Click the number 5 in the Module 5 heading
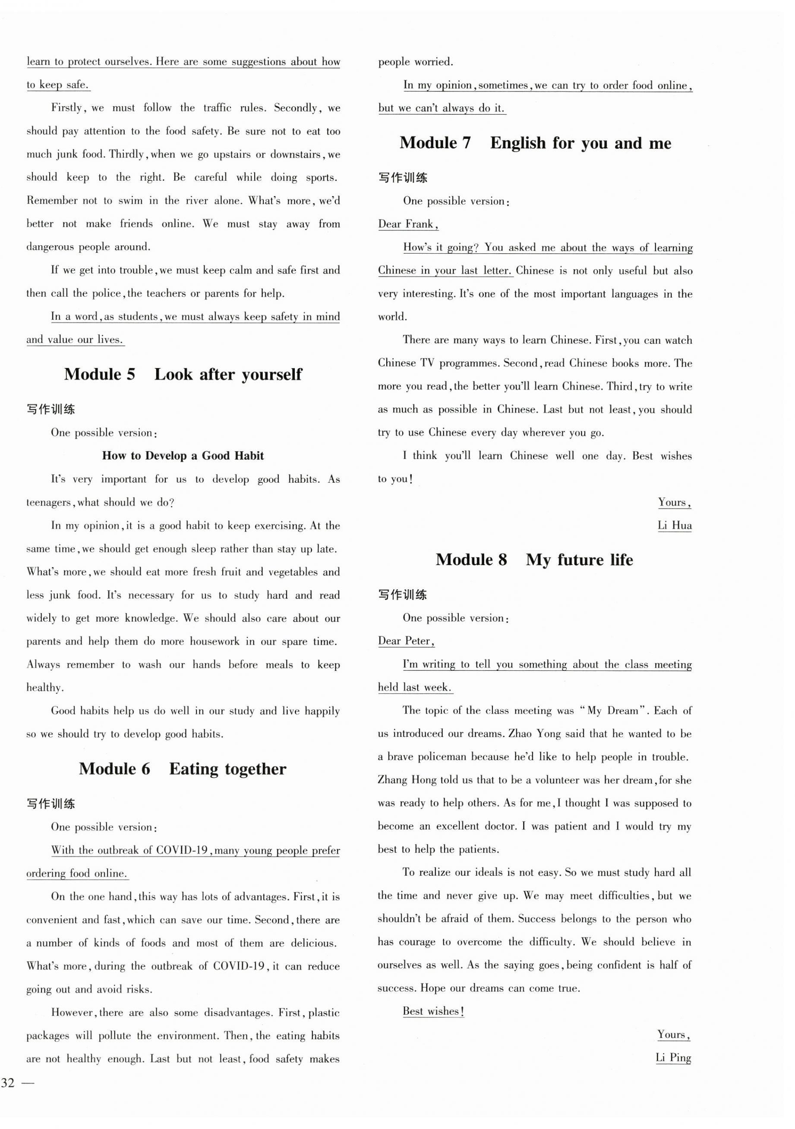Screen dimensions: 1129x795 coord(130,375)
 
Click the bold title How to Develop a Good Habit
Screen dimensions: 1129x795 coord(183,456)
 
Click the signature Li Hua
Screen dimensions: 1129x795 coord(675,525)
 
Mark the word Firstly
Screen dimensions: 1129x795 coord(69,108)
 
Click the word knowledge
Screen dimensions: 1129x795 coord(150,619)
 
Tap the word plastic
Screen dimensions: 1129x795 coord(324,1013)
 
